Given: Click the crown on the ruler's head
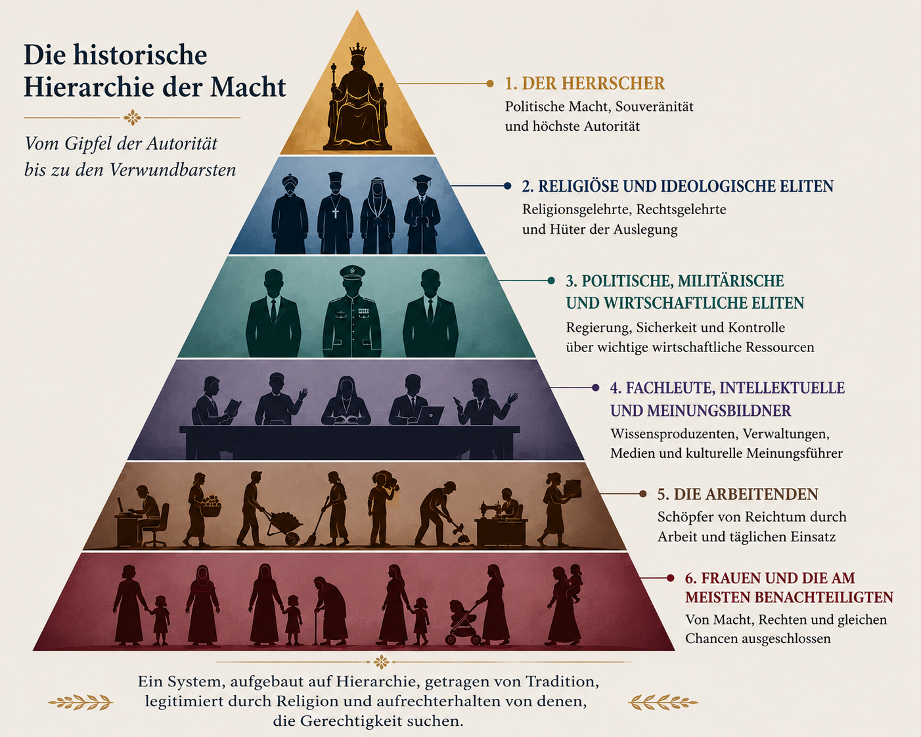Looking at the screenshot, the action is coord(358,50).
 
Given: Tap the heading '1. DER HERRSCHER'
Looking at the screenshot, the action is coord(585,83).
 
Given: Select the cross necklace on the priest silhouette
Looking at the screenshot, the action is coord(336,212).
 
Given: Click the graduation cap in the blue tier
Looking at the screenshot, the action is coord(422,179).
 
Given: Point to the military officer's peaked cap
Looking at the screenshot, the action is coord(352,272).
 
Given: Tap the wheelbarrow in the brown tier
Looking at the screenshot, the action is coord(284,525).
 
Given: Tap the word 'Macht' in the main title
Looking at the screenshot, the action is coord(248,87).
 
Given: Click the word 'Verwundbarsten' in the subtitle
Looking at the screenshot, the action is coord(173,170).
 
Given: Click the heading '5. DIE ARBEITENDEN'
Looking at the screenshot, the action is coord(738,495).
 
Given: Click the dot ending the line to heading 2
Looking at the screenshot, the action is coord(507,186).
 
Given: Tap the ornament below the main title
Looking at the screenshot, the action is coord(132,118).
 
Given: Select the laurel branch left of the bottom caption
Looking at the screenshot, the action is coord(80,702).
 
